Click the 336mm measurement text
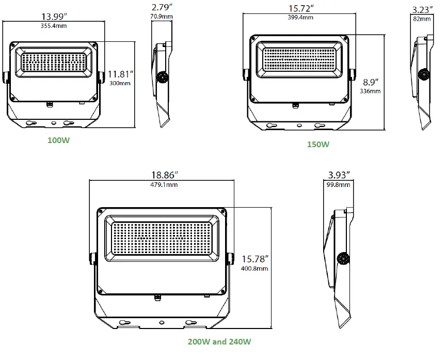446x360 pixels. [x=370, y=91]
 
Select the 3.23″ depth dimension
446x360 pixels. [x=424, y=9]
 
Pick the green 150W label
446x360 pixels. [x=318, y=144]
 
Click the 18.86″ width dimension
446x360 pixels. [x=161, y=176]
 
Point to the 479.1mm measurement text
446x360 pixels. [x=161, y=184]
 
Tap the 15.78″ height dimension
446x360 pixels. [x=256, y=259]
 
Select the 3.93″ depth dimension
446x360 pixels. [x=340, y=176]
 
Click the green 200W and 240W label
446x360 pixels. [x=219, y=341]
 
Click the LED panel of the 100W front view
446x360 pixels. [x=54, y=62]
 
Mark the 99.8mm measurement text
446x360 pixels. [x=340, y=184]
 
